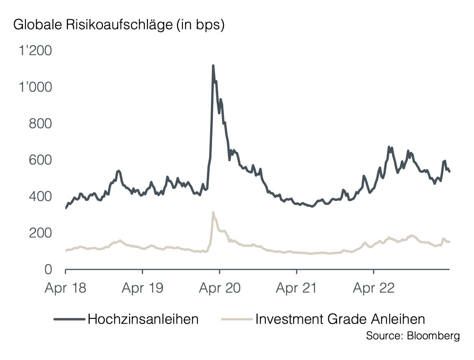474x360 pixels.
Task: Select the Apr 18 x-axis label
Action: pyautogui.click(x=65, y=288)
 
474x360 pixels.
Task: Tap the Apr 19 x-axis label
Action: pyautogui.click(x=142, y=288)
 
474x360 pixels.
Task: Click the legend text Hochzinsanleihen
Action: pyautogui.click(x=143, y=319)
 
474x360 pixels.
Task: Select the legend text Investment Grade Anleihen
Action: pyautogui.click(x=340, y=319)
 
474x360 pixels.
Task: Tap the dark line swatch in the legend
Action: pyautogui.click(x=69, y=319)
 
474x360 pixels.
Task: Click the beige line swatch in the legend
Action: pyautogui.click(x=236, y=319)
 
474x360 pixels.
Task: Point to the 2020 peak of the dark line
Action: pyautogui.click(x=213, y=66)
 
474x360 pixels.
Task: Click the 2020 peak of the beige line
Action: pyautogui.click(x=213, y=212)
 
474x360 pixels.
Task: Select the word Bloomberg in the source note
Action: pyautogui.click(x=433, y=336)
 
